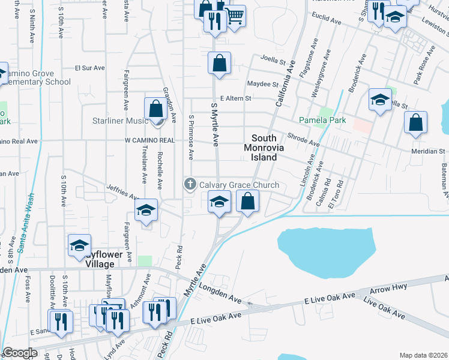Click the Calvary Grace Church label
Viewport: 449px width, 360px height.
click(240, 185)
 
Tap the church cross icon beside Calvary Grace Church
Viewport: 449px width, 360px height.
click(190, 184)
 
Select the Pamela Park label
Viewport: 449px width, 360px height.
click(323, 121)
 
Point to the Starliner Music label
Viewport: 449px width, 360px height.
click(119, 121)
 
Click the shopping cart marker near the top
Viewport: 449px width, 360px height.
click(235, 16)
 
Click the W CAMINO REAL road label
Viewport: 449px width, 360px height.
click(149, 140)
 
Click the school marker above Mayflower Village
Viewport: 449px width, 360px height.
click(80, 245)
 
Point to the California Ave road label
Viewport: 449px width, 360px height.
click(286, 84)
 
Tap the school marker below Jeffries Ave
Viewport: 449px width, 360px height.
click(146, 211)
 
